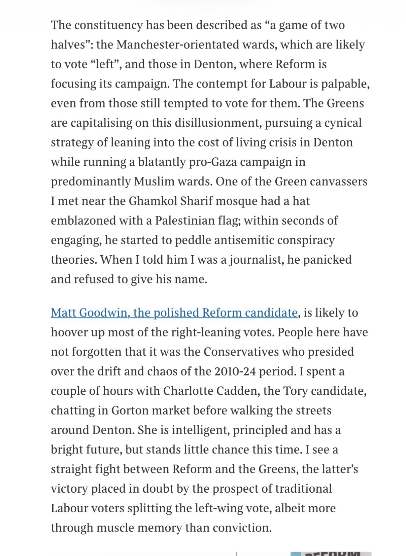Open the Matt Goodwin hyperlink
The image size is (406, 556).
point(174,313)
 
